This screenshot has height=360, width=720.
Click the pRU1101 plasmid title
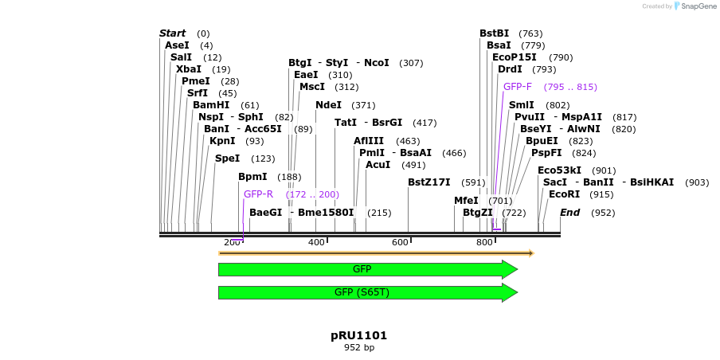[358, 335]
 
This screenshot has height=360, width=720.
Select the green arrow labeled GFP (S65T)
[362, 292]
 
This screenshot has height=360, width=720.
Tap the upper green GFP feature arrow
[362, 269]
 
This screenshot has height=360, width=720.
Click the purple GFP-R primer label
[258, 194]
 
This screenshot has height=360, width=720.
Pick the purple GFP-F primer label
[518, 87]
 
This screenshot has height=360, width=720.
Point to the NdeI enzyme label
[328, 105]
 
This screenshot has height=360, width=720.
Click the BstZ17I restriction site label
[428, 182]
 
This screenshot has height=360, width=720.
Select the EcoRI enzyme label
[564, 194]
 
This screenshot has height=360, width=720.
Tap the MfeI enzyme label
[466, 201]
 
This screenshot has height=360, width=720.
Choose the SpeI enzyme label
[227, 158]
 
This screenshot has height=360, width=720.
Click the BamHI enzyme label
[210, 105]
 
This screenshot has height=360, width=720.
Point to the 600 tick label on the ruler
[400, 242]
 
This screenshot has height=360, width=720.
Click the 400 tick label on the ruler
[316, 242]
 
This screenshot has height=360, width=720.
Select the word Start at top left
[172, 33]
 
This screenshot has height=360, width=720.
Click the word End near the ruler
[569, 213]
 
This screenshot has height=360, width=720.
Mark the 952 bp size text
[358, 348]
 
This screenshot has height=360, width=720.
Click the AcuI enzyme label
[378, 165]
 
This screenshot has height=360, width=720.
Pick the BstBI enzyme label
[494, 33]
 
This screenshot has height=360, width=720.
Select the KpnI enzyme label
[222, 141]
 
